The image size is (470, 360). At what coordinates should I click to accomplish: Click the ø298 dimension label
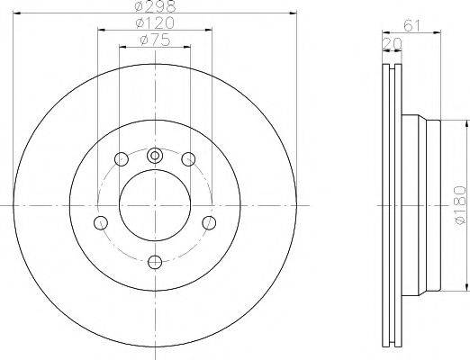(x=155, y=6)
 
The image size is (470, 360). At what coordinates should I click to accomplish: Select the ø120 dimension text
(x=155, y=23)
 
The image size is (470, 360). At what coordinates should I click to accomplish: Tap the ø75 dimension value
(x=155, y=40)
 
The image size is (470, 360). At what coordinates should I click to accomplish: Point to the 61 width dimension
(x=411, y=25)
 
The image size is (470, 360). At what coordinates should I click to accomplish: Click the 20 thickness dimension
(x=392, y=44)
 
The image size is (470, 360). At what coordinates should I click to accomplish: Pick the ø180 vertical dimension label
(x=460, y=205)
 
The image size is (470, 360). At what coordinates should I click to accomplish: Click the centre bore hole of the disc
(x=155, y=205)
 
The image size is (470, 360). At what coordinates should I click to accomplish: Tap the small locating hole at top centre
(x=155, y=156)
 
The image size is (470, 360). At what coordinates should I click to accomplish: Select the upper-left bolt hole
(x=122, y=159)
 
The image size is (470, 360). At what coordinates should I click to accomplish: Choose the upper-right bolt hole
(x=188, y=159)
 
